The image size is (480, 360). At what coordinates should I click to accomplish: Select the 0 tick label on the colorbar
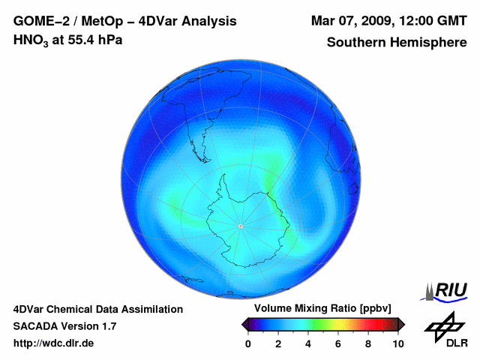248,343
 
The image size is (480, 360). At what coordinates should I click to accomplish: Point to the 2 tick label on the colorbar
278,343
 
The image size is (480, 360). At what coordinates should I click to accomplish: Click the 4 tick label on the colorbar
308,343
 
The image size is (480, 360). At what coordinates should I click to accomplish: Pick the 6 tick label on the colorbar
338,343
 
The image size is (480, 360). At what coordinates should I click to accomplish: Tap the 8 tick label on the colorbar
368,343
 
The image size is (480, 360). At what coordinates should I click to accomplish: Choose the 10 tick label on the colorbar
397,343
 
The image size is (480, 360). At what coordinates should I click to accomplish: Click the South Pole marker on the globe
240,226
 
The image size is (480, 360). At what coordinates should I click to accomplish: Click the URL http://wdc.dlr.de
54,343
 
